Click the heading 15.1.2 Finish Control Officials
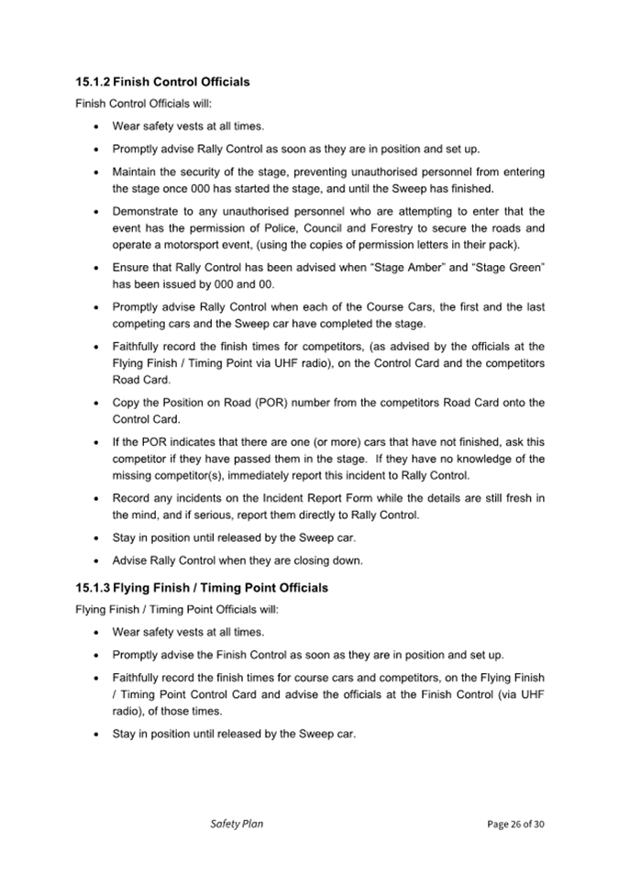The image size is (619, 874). coord(162,82)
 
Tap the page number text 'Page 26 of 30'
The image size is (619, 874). coord(515,824)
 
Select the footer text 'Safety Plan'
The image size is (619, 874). coord(237,824)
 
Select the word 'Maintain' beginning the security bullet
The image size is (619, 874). coord(136,171)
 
